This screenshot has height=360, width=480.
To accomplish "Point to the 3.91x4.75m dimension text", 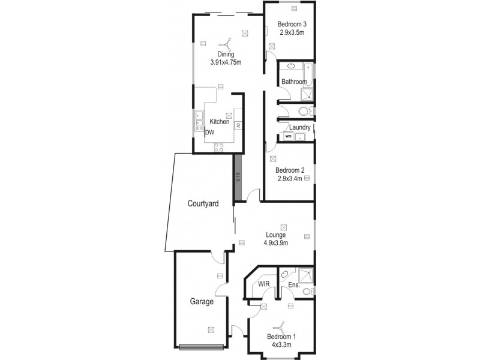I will (x=226, y=62).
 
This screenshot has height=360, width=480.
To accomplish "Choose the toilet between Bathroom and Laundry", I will (x=304, y=111).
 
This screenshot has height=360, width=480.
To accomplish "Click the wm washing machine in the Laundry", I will (x=289, y=136).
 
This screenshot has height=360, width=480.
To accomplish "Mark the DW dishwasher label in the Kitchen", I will (x=210, y=133).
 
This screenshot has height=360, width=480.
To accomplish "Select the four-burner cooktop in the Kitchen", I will (x=219, y=146).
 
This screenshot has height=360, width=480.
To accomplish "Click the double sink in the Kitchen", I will (x=198, y=121).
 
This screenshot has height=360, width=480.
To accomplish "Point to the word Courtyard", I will (x=202, y=204).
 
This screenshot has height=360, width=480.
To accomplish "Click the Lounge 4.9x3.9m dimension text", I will (x=276, y=243).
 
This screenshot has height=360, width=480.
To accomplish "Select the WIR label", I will (x=263, y=284).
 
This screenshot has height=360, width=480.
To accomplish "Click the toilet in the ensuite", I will (x=307, y=292).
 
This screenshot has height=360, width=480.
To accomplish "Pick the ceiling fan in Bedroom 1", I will (x=278, y=328).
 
